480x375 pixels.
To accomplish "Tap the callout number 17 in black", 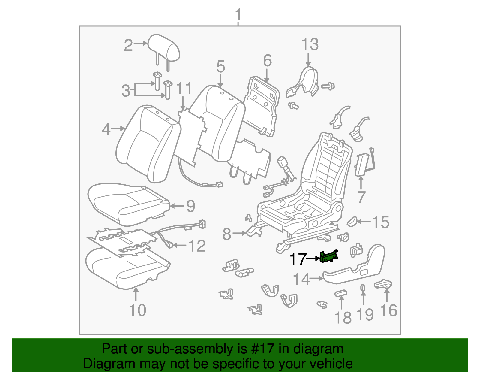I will pyautogui.click(x=298, y=259).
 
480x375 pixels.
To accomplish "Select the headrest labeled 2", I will pyautogui.click(x=164, y=48).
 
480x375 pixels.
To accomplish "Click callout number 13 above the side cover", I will pyautogui.click(x=310, y=44).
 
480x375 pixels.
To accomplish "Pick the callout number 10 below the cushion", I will pyautogui.click(x=137, y=310).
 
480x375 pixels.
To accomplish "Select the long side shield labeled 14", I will pyautogui.click(x=354, y=270).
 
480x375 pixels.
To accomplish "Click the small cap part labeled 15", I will pyautogui.click(x=352, y=221).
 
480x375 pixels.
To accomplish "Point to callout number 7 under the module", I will pyautogui.click(x=361, y=197).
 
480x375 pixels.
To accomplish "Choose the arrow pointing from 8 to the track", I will pyautogui.click(x=239, y=233).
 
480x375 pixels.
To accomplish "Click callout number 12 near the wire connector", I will pyautogui.click(x=197, y=246).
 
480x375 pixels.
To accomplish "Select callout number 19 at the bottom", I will pyautogui.click(x=365, y=315).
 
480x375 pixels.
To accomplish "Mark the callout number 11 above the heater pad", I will pyautogui.click(x=184, y=89).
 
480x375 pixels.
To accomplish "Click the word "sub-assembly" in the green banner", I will pyautogui.click(x=189, y=349).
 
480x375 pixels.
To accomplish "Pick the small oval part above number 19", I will pyautogui.click(x=363, y=288).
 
